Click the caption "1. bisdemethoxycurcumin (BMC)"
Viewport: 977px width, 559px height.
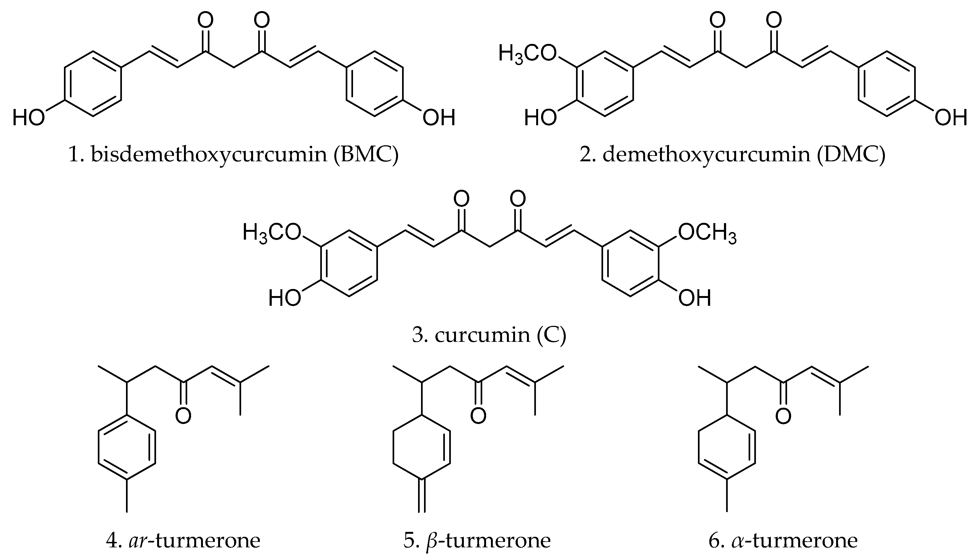point(233,155)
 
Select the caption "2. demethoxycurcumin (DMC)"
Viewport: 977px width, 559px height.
point(732,155)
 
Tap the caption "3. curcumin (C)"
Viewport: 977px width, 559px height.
point(489,335)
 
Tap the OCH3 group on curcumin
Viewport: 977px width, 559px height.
point(707,233)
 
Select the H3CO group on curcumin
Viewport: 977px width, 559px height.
point(271,233)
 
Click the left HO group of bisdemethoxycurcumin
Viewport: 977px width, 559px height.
point(28,117)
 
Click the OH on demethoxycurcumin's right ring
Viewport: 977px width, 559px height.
point(950,117)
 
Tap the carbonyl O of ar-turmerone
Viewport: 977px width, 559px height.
point(183,416)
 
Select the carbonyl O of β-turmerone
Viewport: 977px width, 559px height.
point(478,416)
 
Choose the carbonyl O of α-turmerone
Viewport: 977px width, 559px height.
point(783,416)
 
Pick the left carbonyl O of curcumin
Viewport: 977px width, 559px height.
point(461,199)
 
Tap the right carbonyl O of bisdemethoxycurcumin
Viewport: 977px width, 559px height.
point(262,20)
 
